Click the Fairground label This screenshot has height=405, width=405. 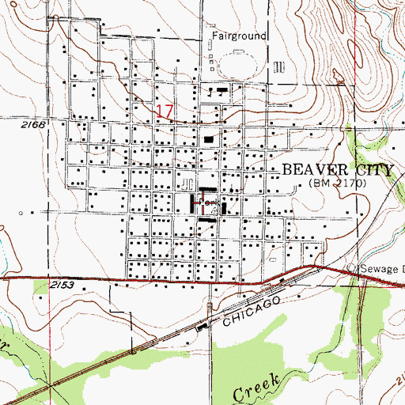point(239,36)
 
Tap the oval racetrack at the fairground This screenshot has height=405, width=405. point(241,66)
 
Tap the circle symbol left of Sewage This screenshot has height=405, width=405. point(354,267)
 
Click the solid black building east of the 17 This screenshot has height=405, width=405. point(209,140)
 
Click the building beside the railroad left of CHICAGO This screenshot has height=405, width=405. point(202,326)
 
